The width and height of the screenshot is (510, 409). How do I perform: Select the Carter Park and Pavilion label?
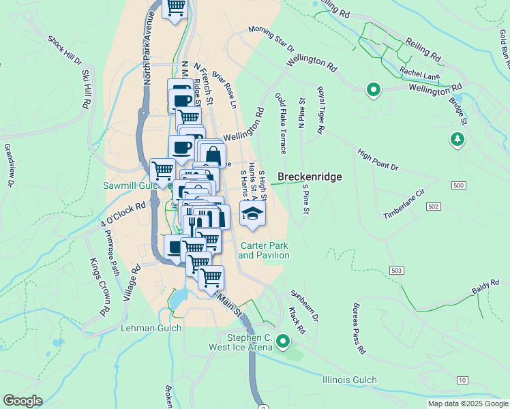click(264, 250)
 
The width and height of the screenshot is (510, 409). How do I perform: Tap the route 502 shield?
click(433, 206)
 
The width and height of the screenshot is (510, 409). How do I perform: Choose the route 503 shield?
click(396, 271)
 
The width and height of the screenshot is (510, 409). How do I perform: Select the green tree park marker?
click(456, 140)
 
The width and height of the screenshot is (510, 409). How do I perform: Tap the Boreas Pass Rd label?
click(358, 329)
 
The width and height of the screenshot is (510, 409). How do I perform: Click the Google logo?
click(22, 401)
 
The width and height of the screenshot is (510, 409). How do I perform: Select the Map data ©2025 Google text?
click(467, 404)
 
